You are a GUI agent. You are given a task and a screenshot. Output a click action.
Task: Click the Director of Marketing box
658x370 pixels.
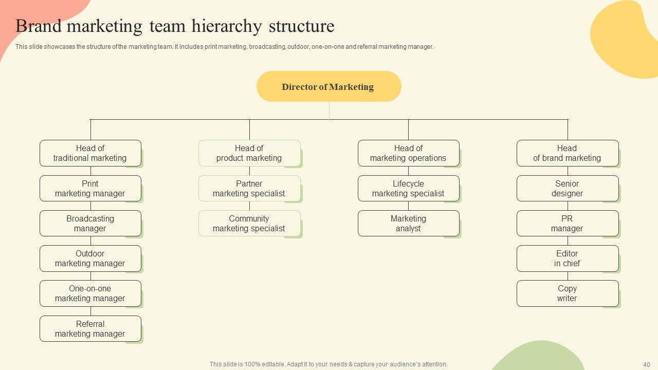pos(328,86)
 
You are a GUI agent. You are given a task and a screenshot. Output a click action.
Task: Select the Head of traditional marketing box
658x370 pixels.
pos(90,153)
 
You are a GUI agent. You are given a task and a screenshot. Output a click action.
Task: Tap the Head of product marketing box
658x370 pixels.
pos(249,153)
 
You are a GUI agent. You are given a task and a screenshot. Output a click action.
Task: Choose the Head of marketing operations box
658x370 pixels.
pos(408,153)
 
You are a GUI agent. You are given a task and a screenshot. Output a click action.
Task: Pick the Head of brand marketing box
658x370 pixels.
pos(567,153)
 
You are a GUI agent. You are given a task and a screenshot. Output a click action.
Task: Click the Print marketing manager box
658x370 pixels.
pos(90,189)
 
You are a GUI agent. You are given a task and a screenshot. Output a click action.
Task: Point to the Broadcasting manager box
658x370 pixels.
pos(90,224)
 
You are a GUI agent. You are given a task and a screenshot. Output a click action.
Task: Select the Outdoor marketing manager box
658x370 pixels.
pos(90,258)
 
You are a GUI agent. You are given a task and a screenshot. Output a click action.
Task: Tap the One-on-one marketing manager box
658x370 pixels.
pos(90,293)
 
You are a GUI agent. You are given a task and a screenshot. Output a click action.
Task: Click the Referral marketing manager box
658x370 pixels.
pos(90,329)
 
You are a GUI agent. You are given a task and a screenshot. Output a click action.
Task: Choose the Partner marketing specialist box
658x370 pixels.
pos(249,189)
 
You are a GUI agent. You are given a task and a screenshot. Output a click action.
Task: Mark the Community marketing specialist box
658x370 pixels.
pos(249,224)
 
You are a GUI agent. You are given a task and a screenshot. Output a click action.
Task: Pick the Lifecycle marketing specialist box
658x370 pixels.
pos(408,189)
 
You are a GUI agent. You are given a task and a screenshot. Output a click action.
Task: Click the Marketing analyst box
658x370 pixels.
pos(408,224)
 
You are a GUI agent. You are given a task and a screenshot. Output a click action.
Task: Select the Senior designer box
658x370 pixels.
pos(567,189)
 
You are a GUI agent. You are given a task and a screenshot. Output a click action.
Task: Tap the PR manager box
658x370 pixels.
pos(567,224)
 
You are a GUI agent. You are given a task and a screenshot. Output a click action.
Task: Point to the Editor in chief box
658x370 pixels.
pos(567,258)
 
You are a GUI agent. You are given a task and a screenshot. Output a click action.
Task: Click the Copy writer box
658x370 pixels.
pos(567,293)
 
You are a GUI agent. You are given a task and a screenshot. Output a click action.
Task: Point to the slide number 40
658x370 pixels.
pos(647,364)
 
